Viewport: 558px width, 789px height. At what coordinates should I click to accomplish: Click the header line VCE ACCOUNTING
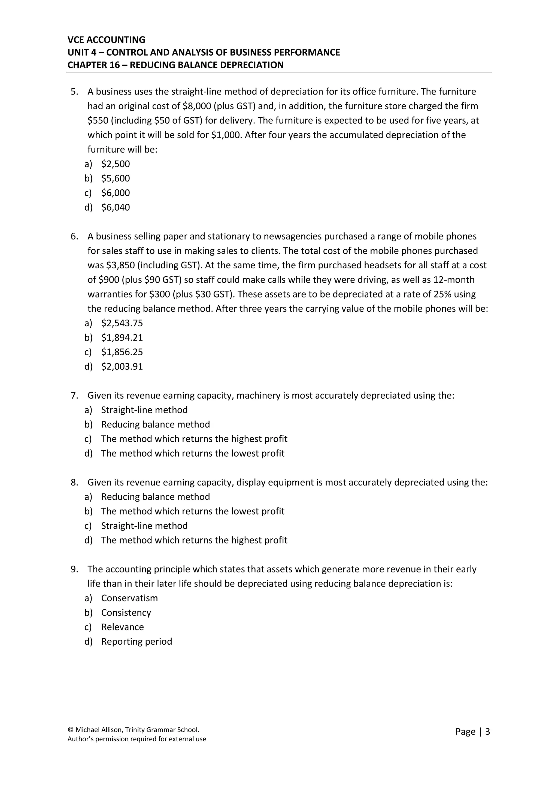click(x=106, y=40)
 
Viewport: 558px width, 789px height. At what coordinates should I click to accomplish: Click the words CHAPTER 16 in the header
click(x=93, y=65)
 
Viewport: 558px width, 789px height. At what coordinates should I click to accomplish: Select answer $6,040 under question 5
click(x=116, y=208)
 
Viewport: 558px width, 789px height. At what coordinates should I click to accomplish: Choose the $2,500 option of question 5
click(x=116, y=164)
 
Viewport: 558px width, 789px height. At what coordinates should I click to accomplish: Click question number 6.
click(x=74, y=236)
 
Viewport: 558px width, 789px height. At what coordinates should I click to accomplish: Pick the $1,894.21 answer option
click(x=122, y=338)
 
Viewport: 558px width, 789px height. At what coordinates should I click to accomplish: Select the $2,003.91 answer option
click(x=122, y=367)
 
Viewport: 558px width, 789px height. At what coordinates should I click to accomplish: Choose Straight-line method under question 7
click(x=144, y=410)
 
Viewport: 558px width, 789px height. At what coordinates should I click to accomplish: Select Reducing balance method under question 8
click(x=155, y=497)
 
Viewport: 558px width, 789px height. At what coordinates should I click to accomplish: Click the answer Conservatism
click(x=129, y=598)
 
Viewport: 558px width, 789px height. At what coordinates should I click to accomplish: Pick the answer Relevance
click(x=122, y=627)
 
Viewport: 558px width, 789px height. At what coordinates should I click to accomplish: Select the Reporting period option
click(x=137, y=642)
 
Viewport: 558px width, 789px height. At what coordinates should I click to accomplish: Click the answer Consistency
click(x=126, y=613)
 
